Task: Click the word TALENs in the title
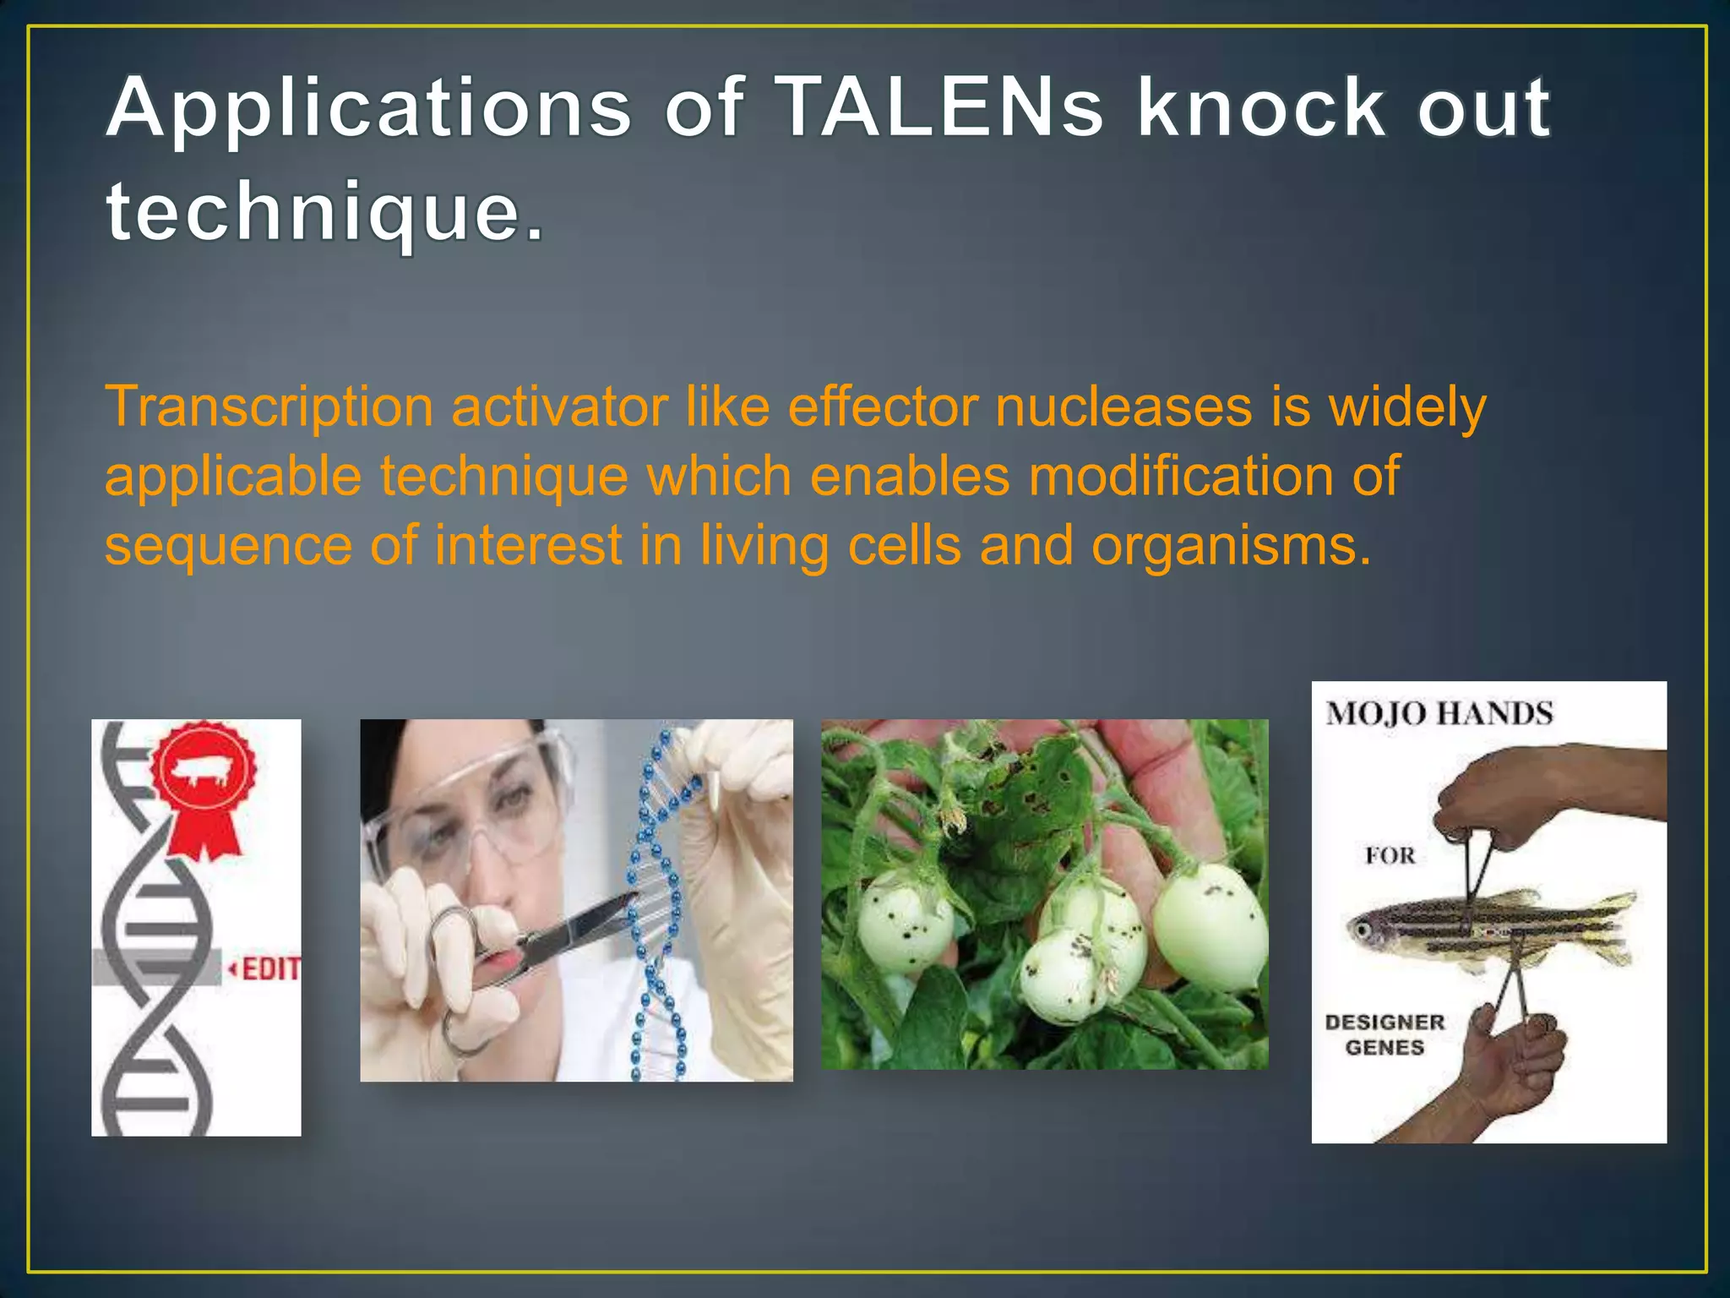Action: pos(942,108)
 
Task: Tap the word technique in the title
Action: pos(325,211)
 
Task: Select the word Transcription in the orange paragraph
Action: pos(269,408)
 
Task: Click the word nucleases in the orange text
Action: pos(1123,406)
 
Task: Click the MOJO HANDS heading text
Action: pos(1439,714)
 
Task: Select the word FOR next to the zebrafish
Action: pos(1390,856)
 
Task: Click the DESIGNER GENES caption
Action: pos(1385,1035)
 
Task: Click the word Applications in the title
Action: pos(369,108)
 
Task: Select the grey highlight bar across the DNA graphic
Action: pos(156,968)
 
